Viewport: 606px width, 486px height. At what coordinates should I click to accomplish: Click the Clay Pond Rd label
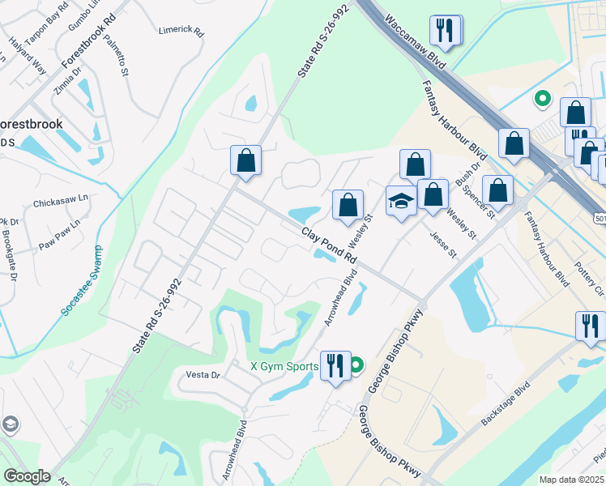click(329, 245)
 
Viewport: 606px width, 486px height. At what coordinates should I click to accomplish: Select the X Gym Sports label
click(284, 366)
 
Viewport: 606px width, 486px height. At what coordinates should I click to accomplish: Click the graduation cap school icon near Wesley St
click(400, 201)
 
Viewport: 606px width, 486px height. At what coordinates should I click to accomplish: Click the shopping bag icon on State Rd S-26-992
click(245, 160)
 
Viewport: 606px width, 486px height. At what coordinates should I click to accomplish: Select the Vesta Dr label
click(203, 375)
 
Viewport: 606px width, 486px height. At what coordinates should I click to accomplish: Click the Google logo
click(27, 476)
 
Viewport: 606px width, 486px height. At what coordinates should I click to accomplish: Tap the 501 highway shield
click(600, 219)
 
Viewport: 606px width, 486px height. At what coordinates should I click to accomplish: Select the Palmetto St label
click(125, 62)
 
